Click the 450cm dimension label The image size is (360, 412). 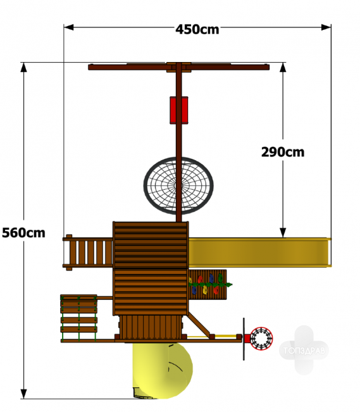197,29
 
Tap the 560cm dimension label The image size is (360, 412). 23,233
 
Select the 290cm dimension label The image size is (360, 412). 283,152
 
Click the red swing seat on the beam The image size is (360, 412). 178,110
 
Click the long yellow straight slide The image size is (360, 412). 259,252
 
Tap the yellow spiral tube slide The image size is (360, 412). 163,370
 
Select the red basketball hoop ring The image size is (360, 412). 261,339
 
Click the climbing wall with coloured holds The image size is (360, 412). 208,285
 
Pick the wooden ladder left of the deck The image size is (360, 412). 88,253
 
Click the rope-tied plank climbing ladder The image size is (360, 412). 79,318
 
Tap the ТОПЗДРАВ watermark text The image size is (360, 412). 304,350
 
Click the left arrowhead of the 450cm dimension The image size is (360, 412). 68,27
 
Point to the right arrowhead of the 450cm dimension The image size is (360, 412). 326,27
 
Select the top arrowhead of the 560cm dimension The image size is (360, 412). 23,67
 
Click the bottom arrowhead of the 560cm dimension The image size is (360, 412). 23,394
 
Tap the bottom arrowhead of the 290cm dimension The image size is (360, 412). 283,233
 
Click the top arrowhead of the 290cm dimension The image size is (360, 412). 283,67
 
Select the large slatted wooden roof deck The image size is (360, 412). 151,268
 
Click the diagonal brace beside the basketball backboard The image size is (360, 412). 201,325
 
